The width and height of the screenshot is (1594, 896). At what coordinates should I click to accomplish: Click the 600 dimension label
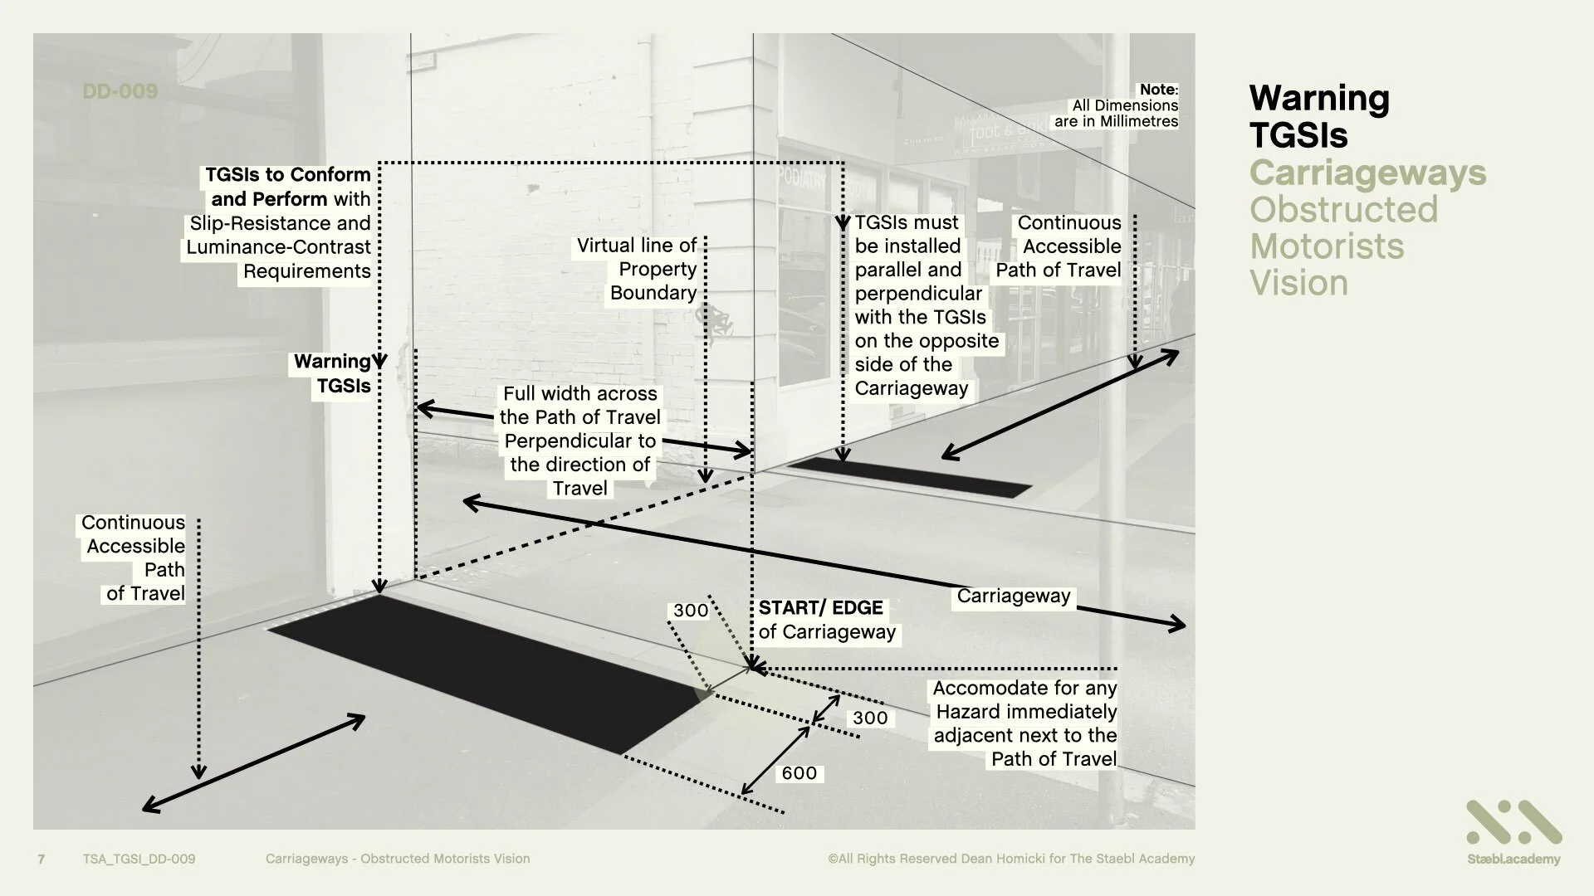point(799,773)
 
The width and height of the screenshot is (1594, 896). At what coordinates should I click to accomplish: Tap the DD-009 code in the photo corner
point(120,91)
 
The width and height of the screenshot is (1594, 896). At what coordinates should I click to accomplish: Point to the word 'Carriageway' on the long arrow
point(1013,596)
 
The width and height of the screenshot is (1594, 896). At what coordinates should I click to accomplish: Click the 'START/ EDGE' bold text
point(820,607)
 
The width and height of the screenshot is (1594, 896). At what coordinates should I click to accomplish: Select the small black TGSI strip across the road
point(909,477)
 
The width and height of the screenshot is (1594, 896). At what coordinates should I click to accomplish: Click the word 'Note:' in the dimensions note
point(1158,89)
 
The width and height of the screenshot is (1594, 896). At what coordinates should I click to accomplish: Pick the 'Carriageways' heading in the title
point(1367,173)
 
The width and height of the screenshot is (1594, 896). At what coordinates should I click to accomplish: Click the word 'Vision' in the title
point(1298,283)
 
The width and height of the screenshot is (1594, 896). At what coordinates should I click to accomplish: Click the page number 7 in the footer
point(42,859)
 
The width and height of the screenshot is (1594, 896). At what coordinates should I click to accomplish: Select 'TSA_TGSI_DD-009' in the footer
point(139,859)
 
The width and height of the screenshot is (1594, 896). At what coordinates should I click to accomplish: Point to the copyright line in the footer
point(1010,859)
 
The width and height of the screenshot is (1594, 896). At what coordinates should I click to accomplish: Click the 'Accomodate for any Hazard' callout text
point(1024,723)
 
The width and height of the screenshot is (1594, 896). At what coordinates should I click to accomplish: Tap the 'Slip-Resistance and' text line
point(280,223)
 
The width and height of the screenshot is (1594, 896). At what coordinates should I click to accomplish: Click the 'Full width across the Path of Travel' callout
point(579,441)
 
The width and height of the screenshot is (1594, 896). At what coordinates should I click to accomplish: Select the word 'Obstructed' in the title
point(1343,210)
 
